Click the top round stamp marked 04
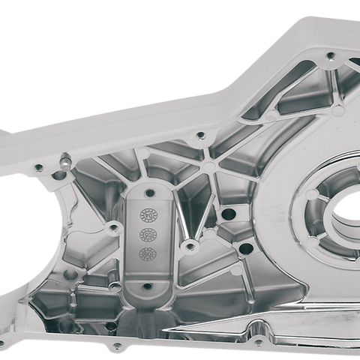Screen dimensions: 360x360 (x=147, y=217)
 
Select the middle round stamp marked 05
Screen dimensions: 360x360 (x=147, y=235)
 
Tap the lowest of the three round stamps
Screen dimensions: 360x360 (x=147, y=253)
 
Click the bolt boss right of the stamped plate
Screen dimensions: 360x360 (x=189, y=246)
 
